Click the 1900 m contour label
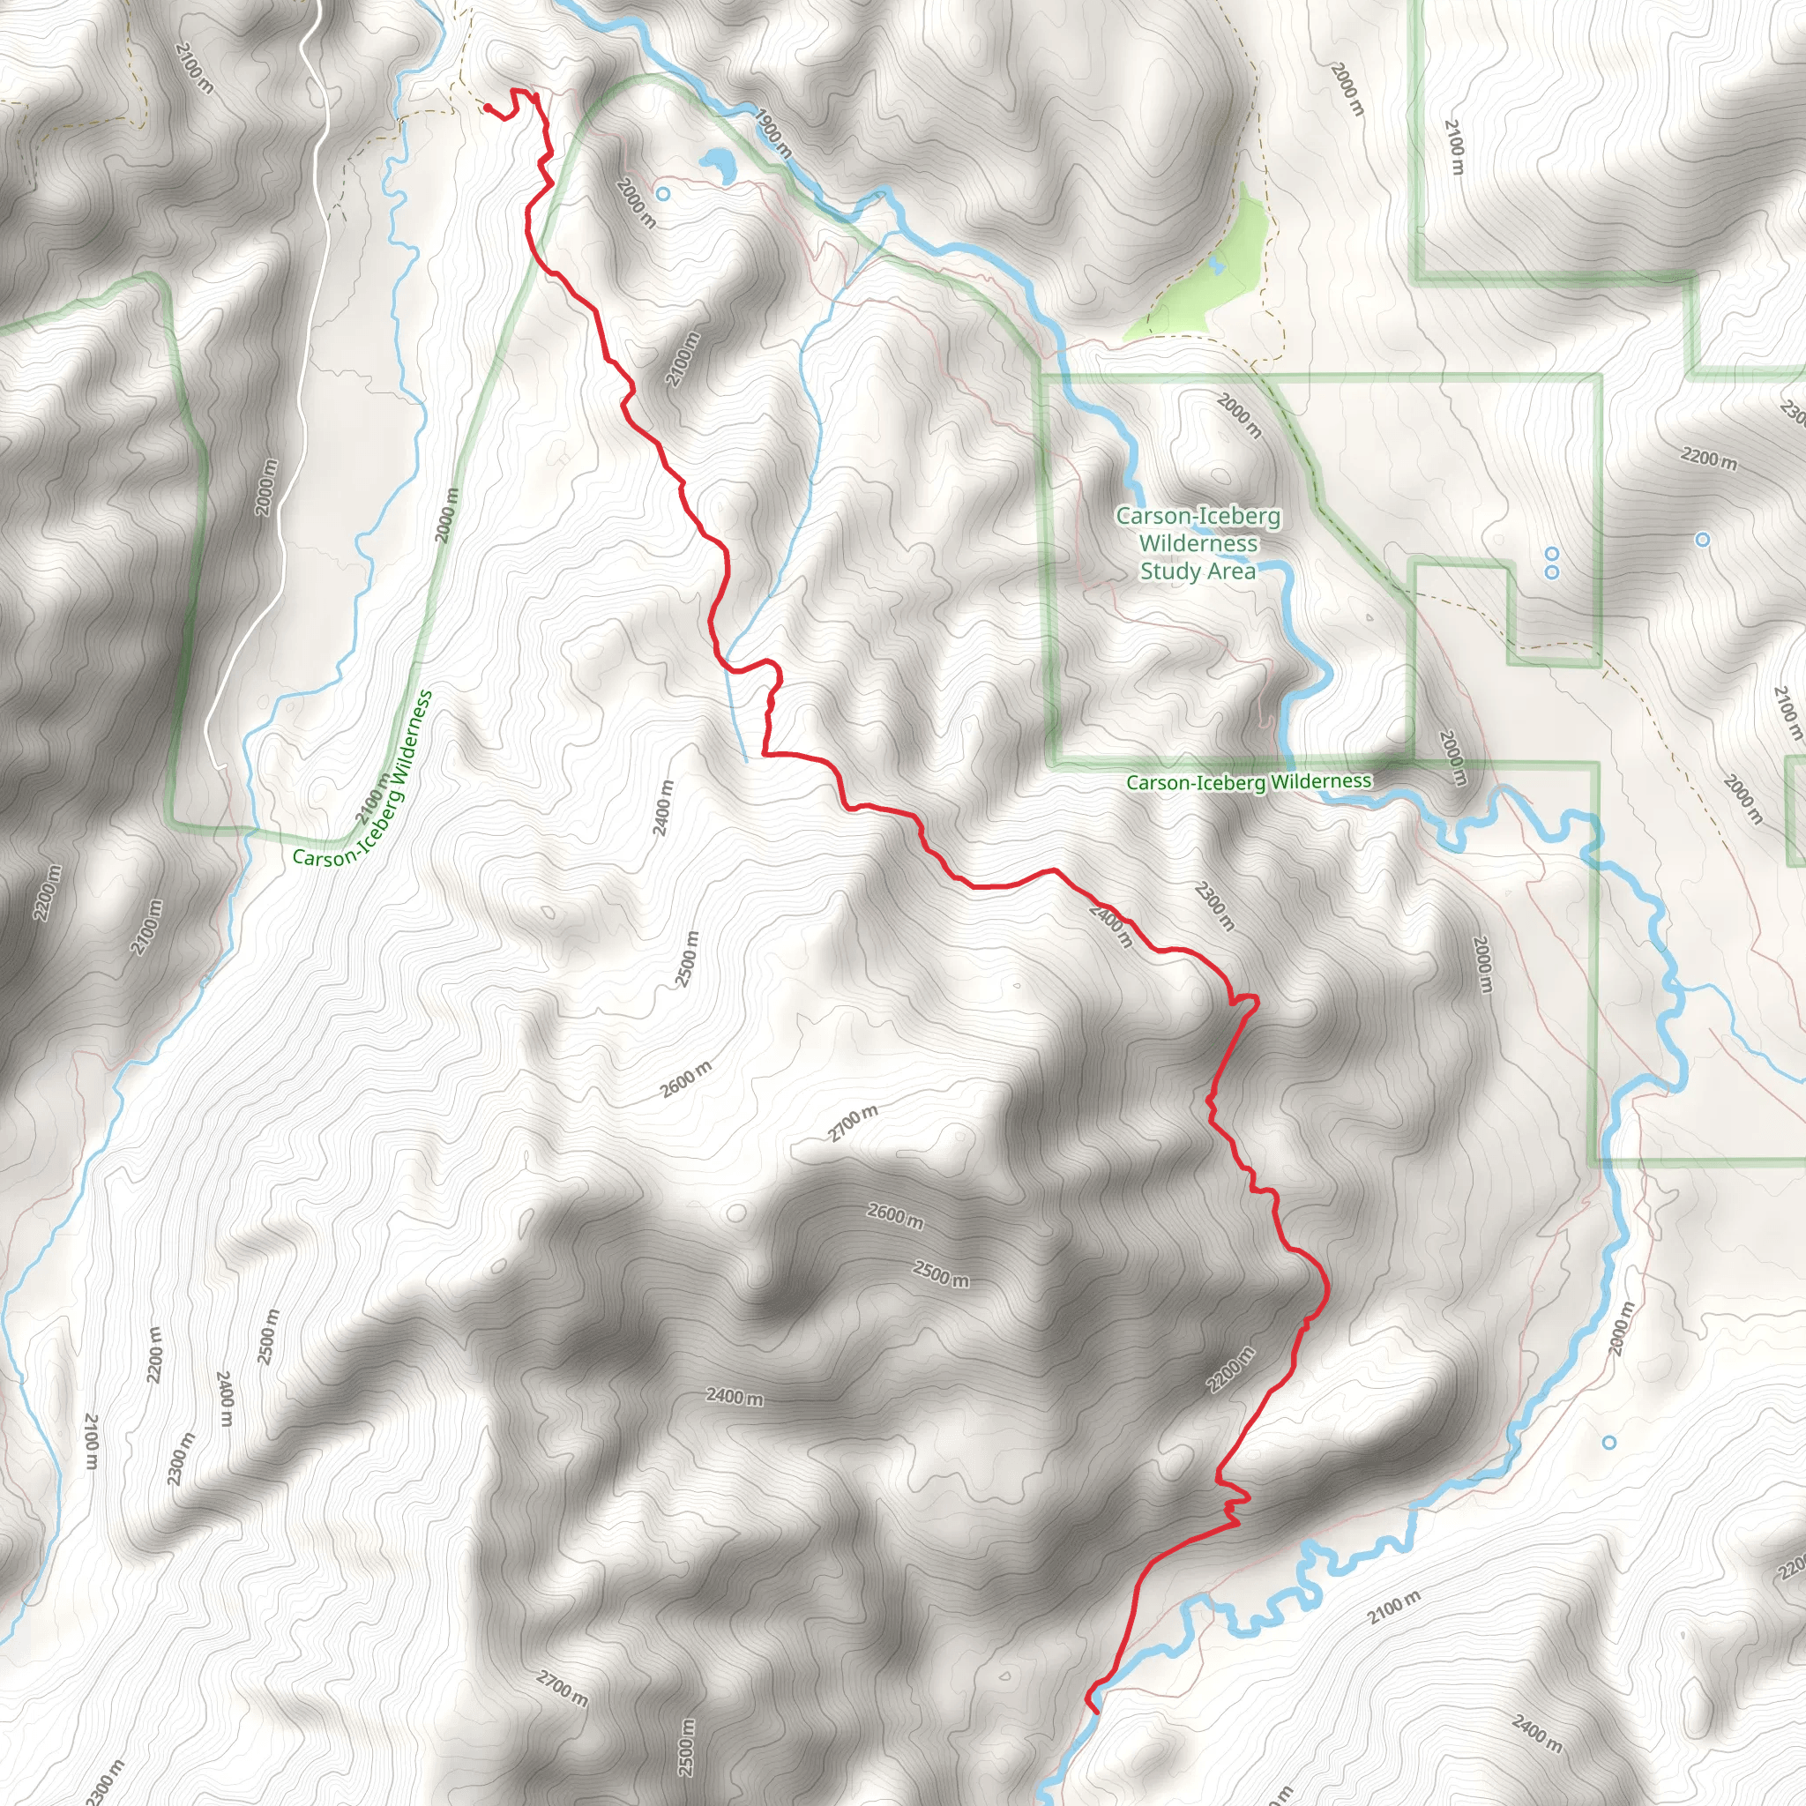tap(773, 133)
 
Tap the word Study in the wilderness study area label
tap(1167, 571)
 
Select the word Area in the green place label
tap(1231, 571)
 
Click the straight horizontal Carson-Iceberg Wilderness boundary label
tap(1248, 781)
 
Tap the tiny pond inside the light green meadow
tap(1216, 266)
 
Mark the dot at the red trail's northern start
tap(487, 108)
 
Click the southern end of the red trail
tap(1095, 1712)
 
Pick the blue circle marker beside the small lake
tap(663, 193)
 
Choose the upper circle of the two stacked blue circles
tap(1552, 554)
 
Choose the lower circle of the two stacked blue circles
tap(1552, 572)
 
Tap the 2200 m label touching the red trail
tap(1231, 1369)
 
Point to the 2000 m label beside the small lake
tap(636, 203)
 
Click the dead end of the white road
tap(221, 767)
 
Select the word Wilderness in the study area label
tap(1198, 543)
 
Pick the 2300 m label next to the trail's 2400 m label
tap(1214, 906)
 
